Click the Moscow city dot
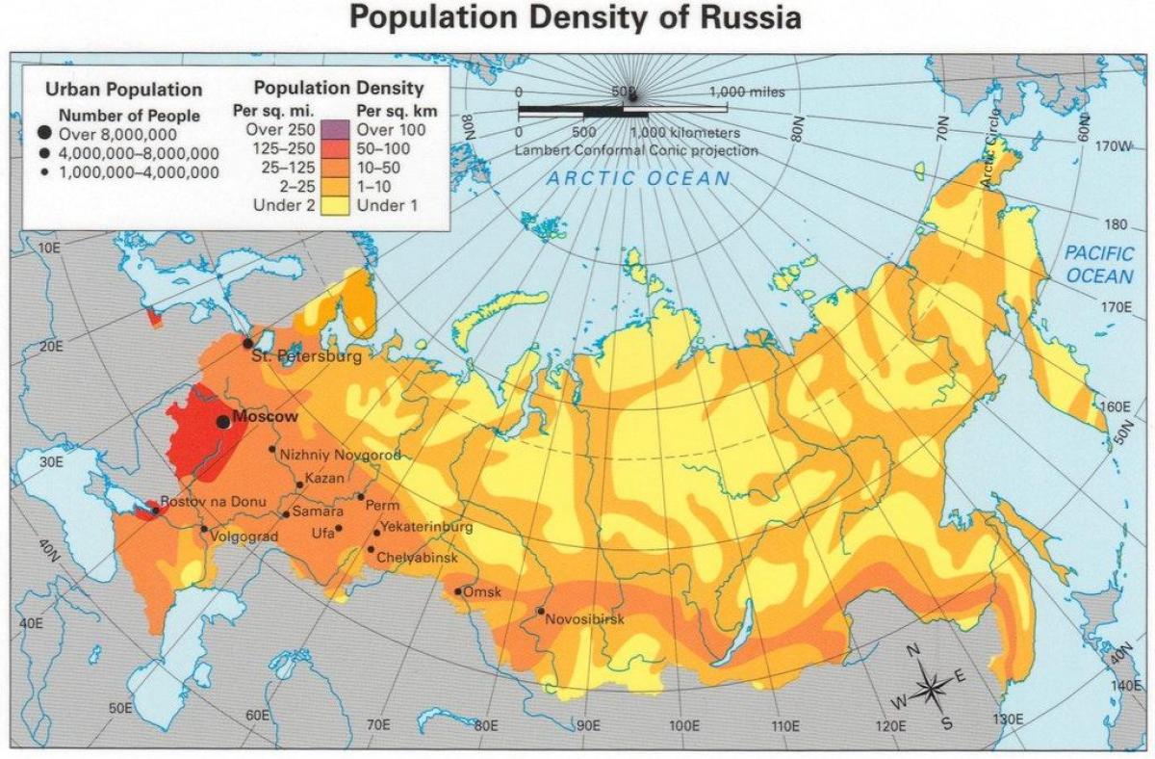tap(223, 422)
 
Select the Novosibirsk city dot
tap(541, 611)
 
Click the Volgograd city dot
tap(204, 529)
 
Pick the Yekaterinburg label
tap(427, 528)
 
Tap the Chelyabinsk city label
tap(417, 558)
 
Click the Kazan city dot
tap(299, 484)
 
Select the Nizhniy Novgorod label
tap(340, 455)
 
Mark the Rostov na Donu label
tap(209, 502)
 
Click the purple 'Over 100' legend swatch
tap(337, 130)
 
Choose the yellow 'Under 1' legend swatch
tap(337, 206)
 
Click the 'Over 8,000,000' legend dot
tap(45, 135)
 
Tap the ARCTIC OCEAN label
tap(639, 179)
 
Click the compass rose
tap(931, 687)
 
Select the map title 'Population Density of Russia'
tap(576, 18)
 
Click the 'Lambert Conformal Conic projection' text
tap(636, 151)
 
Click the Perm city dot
tap(361, 497)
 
